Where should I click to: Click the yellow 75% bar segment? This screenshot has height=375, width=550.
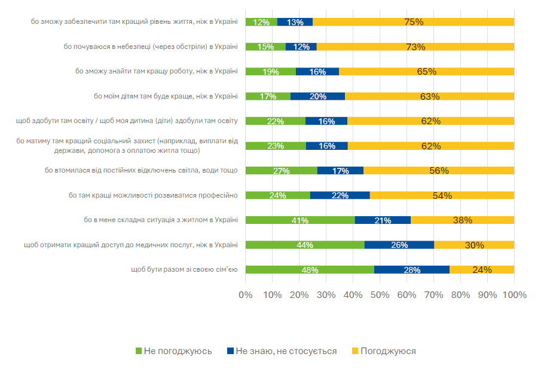(413, 22)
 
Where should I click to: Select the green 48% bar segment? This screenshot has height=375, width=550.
(310, 269)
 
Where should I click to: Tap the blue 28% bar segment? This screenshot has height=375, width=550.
(412, 269)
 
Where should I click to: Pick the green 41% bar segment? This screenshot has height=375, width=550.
(300, 220)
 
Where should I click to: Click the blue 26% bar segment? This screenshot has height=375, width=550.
(399, 244)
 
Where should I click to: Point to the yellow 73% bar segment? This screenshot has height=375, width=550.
(415, 47)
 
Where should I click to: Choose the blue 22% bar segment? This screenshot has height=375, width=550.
(340, 195)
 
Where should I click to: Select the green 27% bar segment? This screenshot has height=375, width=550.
(282, 170)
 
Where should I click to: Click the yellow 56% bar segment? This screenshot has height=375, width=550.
(439, 170)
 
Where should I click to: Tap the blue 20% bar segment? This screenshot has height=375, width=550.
(317, 96)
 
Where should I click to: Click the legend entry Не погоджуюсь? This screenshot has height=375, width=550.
(174, 351)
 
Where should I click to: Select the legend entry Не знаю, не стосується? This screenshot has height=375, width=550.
(282, 351)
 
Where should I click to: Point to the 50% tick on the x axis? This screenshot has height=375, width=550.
(380, 294)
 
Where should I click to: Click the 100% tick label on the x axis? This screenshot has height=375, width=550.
(514, 294)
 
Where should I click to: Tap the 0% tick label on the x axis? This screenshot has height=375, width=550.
(246, 294)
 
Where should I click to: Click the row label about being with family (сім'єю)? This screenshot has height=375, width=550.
(184, 269)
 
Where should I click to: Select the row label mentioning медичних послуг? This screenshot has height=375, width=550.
(130, 244)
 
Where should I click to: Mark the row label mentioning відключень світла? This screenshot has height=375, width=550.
(141, 170)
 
